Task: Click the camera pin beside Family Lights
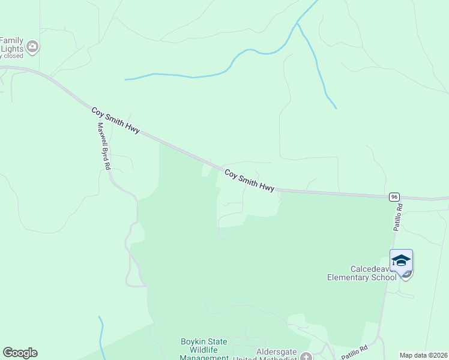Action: (x=32, y=46)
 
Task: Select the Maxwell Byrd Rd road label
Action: (x=104, y=145)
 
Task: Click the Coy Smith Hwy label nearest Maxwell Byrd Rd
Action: (x=115, y=120)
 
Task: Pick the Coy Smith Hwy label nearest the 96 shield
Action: (x=249, y=180)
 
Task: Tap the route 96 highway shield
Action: (x=394, y=197)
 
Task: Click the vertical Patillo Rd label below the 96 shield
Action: (x=398, y=217)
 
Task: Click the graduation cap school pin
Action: (x=400, y=260)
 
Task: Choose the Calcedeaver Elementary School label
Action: (x=361, y=273)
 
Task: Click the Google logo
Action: (x=20, y=353)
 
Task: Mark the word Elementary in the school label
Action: (x=348, y=277)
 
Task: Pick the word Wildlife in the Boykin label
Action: (x=204, y=350)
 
